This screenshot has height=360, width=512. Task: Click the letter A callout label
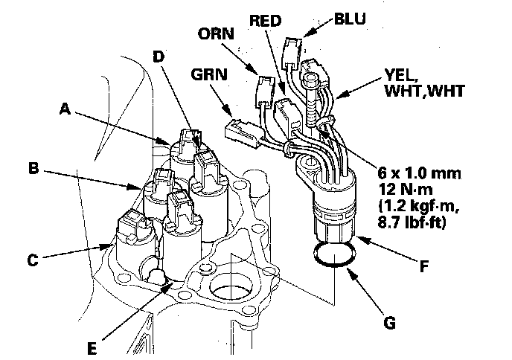point(66,109)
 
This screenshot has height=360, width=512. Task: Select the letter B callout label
point(33,169)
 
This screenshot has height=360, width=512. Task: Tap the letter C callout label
point(32,260)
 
